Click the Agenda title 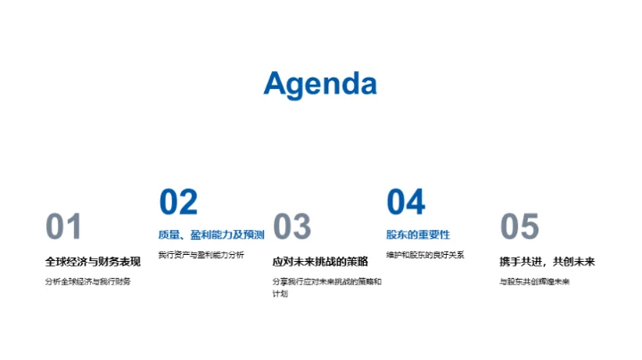click(x=320, y=83)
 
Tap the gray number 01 click(x=63, y=227)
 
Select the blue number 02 click(x=178, y=202)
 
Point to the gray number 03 click(x=292, y=227)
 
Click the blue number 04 click(x=406, y=202)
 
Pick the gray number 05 click(x=520, y=227)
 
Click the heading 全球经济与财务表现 click(x=93, y=262)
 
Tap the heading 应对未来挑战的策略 click(x=320, y=262)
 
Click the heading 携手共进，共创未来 click(x=547, y=262)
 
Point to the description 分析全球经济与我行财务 click(x=87, y=282)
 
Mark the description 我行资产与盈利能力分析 click(x=201, y=255)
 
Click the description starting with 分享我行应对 click(x=326, y=282)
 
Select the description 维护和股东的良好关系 click(x=425, y=255)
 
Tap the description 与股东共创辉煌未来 click(x=534, y=282)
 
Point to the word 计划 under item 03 click(x=280, y=294)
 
